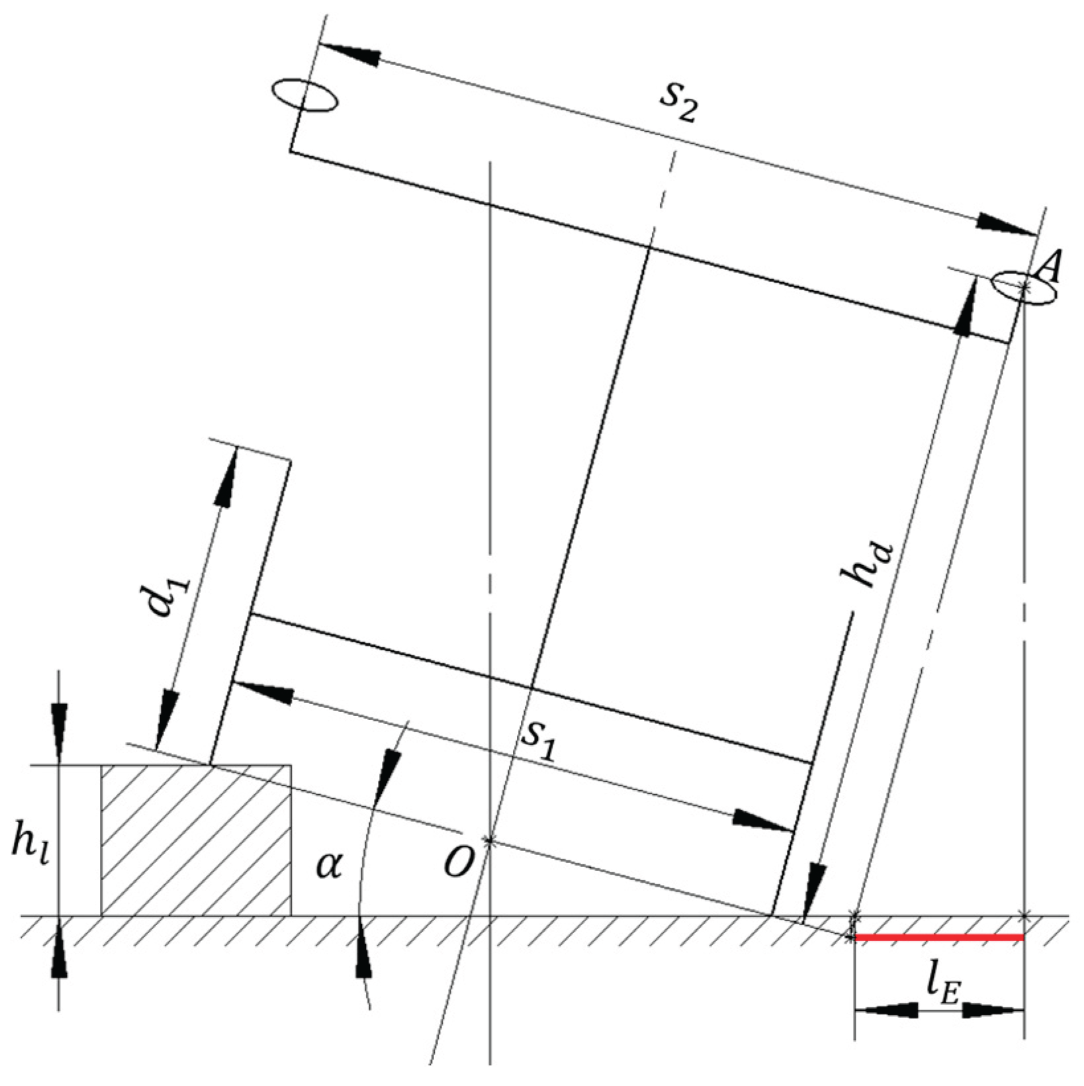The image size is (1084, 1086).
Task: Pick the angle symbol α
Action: coord(328,866)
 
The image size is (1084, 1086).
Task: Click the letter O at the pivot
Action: coord(458,862)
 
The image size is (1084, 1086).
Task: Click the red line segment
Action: coord(939,937)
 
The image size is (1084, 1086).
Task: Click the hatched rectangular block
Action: coord(196,840)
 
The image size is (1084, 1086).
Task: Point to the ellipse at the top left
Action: coord(304,97)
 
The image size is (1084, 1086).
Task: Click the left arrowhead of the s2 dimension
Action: coord(349,53)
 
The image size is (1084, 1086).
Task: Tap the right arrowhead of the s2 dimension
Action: coord(1005,224)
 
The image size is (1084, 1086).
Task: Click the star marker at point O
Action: coord(489,841)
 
